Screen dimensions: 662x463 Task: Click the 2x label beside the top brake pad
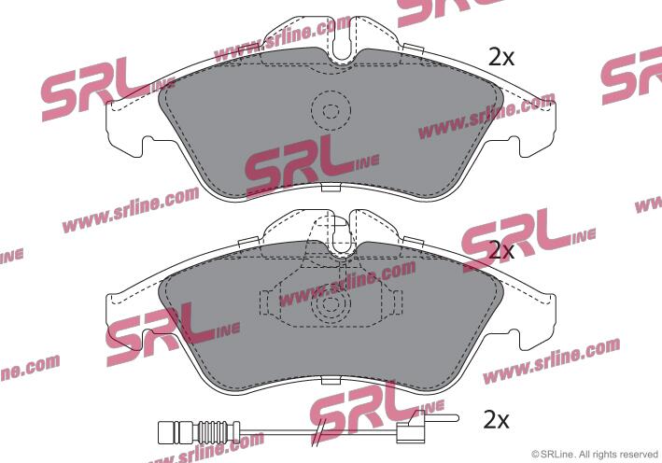[501, 57]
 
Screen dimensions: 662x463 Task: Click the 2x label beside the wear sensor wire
[497, 419]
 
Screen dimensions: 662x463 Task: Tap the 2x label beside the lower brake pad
[501, 251]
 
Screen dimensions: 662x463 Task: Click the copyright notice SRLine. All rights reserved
[595, 455]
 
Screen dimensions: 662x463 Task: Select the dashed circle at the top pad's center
[331, 110]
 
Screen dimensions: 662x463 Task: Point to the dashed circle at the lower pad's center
[331, 304]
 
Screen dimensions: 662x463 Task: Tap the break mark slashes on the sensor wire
[321, 431]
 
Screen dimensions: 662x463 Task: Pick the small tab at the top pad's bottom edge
[331, 188]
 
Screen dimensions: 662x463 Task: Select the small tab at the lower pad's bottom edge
[331, 380]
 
